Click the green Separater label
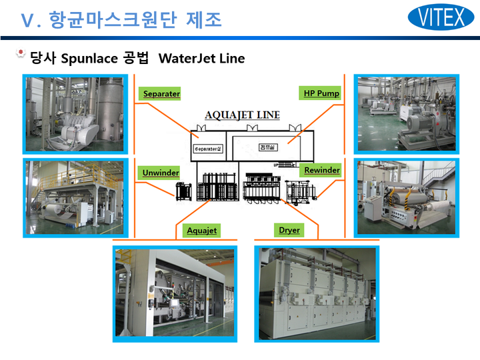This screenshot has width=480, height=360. (161, 94)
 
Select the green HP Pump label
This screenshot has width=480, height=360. (321, 93)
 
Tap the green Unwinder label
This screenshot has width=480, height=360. (161, 173)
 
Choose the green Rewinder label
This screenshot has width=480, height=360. (321, 170)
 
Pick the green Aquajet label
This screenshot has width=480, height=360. (201, 231)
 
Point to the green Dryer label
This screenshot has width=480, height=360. (289, 230)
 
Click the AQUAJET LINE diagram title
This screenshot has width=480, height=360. (243, 115)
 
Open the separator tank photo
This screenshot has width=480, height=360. (77, 114)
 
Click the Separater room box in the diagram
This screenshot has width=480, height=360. (207, 148)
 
